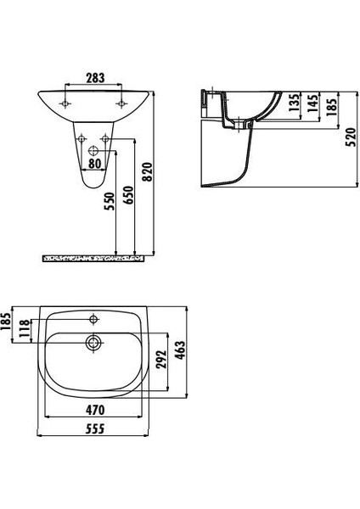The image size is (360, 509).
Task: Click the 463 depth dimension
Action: coord(180,350)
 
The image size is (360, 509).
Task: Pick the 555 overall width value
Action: coord(93,430)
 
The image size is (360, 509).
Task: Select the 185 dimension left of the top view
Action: coord(7,322)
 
